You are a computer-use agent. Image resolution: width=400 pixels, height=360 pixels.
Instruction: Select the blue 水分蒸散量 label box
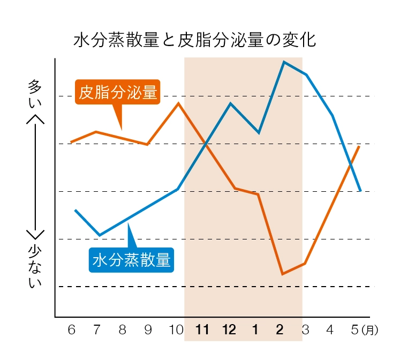click(x=131, y=260)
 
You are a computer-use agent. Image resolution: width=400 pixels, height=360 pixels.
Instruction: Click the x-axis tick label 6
click(x=71, y=329)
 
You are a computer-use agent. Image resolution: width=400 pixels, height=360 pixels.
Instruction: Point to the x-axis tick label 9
click(x=148, y=329)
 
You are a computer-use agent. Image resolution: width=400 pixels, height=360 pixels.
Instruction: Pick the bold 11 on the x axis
click(x=202, y=329)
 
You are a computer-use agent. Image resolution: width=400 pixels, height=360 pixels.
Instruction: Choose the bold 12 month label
click(x=229, y=329)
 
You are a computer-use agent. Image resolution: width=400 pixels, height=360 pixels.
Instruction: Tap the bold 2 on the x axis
click(x=280, y=329)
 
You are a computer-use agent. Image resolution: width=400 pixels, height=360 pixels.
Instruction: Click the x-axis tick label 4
click(x=330, y=329)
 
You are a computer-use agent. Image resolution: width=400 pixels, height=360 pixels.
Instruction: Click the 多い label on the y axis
click(x=35, y=93)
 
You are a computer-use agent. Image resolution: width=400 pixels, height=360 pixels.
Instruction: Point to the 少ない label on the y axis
click(x=35, y=267)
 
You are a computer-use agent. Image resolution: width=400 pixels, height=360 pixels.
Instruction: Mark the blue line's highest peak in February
click(x=284, y=62)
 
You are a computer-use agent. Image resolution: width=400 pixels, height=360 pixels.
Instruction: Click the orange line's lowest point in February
click(x=282, y=274)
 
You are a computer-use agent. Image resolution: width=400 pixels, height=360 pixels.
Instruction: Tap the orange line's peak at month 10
click(x=178, y=102)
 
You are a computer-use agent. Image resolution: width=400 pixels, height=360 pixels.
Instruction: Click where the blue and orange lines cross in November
click(x=206, y=144)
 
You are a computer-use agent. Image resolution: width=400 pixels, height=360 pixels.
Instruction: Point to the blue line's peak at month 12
click(x=230, y=103)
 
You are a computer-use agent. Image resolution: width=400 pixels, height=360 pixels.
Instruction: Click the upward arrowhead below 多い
click(x=35, y=119)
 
